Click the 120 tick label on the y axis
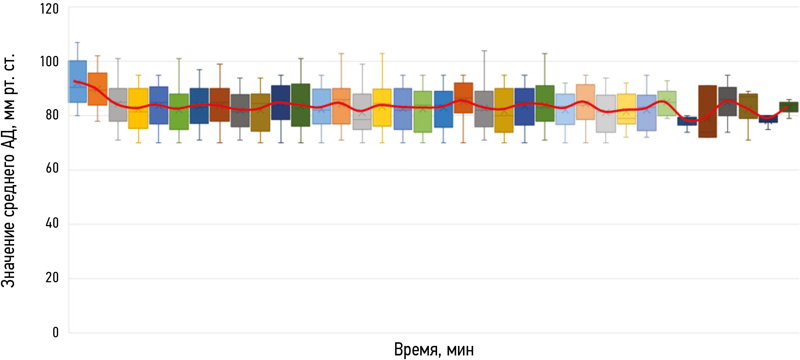(49, 9)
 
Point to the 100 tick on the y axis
(49, 61)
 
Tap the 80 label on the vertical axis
(52, 115)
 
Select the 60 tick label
(52, 169)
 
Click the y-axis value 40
(52, 223)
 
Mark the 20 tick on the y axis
(52, 277)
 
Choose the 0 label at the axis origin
(55, 332)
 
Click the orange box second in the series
(97, 89)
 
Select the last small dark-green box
(789, 107)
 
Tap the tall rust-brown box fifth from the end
(707, 111)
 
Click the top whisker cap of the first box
(77, 42)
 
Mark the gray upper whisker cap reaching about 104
(484, 50)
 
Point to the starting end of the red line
(74, 81)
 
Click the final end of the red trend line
(786, 107)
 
